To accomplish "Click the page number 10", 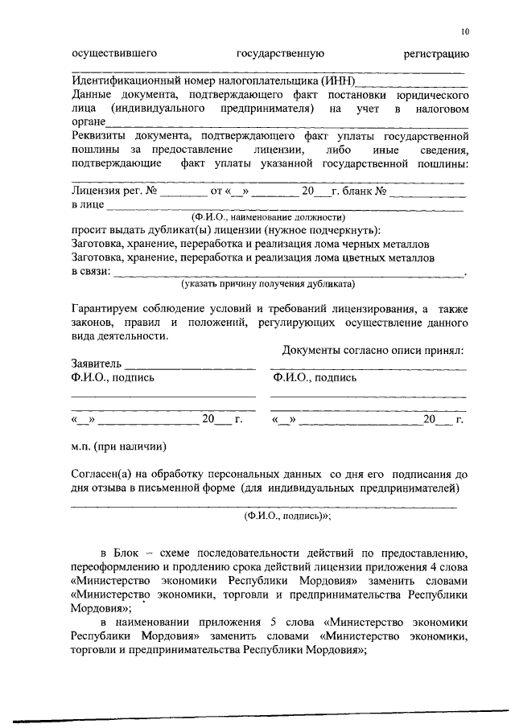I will (x=465, y=32).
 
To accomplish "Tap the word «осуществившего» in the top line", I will (x=113, y=54).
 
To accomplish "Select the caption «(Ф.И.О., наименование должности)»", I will (x=267, y=217).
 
